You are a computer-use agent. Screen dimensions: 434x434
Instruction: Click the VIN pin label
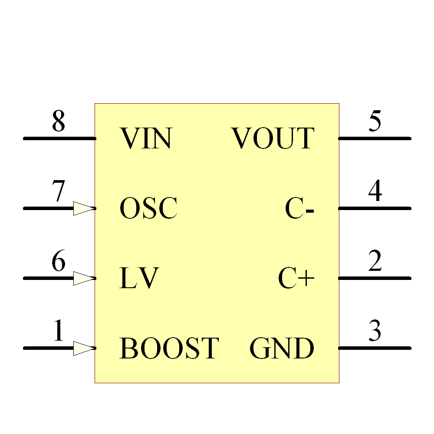click(x=146, y=138)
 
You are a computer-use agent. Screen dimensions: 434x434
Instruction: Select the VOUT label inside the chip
click(x=273, y=138)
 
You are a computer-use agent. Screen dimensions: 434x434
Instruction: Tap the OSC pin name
click(x=148, y=208)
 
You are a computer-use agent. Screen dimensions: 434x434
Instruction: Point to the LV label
click(x=139, y=278)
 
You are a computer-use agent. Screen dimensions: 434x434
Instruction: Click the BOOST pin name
click(x=169, y=348)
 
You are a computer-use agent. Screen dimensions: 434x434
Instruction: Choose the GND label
click(x=282, y=348)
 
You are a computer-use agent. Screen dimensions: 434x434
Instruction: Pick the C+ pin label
click(x=296, y=278)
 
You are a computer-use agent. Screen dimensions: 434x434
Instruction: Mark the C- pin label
click(x=299, y=208)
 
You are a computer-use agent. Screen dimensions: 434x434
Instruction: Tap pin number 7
click(x=59, y=191)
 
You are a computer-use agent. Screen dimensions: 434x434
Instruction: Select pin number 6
click(x=59, y=260)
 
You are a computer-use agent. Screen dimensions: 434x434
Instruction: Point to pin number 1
click(x=59, y=330)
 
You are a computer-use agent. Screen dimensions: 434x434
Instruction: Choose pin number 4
click(x=375, y=191)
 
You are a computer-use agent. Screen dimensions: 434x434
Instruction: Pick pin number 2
click(x=375, y=260)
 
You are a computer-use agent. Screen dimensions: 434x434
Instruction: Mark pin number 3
click(x=375, y=330)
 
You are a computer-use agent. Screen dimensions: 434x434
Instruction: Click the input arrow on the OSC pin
click(x=84, y=208)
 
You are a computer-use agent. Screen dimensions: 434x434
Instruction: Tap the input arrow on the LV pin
click(x=84, y=278)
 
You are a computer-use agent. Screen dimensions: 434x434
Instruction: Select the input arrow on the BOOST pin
click(x=84, y=348)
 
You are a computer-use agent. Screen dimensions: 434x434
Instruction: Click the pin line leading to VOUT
click(x=375, y=138)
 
